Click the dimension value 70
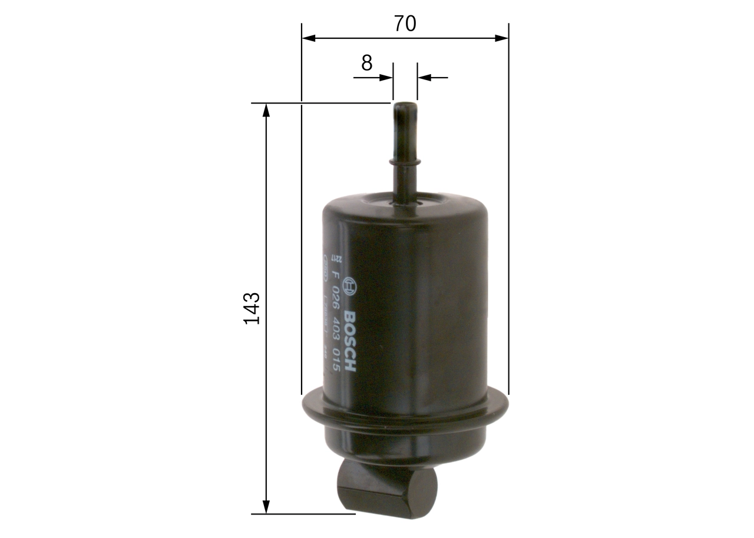pyautogui.click(x=405, y=24)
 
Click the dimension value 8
pyautogui.click(x=367, y=63)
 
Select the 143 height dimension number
pyautogui.click(x=252, y=307)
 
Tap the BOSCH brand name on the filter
pyautogui.click(x=349, y=341)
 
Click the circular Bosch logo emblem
pyautogui.click(x=349, y=285)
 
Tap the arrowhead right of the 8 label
pyautogui.click(x=386, y=77)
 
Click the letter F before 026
pyautogui.click(x=335, y=274)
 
